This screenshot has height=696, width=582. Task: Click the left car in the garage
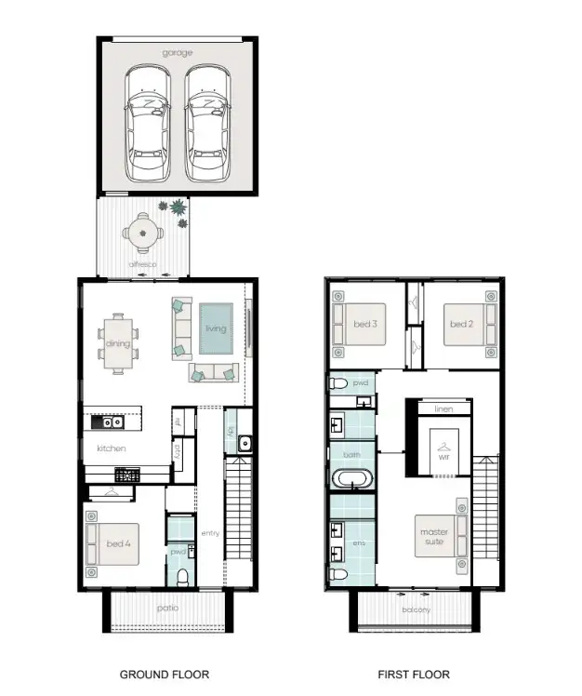pos(148,123)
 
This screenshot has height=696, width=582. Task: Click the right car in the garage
pos(206,123)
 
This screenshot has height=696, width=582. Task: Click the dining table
pos(118,343)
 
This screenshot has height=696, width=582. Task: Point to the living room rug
pos(215,328)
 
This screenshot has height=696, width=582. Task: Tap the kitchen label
pos(111,448)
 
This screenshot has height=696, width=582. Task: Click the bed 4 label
pos(117,543)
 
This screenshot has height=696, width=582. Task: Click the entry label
pos(210,533)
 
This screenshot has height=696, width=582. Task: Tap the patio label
pos(167,609)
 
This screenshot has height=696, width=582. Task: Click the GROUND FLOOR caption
pos(165,675)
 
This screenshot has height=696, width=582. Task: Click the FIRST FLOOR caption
pos(413,675)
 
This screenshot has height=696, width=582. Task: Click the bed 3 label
pos(364,324)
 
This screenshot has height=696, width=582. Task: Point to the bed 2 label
pos(461,324)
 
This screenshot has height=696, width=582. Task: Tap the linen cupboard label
pos(443,408)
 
